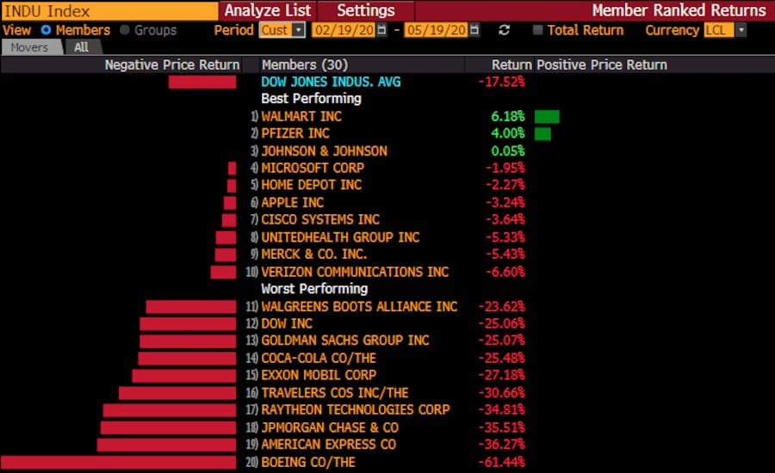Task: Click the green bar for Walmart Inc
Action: point(547,116)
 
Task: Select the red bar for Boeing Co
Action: point(118,463)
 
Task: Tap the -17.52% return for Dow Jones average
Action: point(501,82)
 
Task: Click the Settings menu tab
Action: point(365,10)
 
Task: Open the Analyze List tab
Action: point(268,10)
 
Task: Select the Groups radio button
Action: point(126,30)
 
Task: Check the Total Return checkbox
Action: point(538,30)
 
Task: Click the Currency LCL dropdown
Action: point(724,30)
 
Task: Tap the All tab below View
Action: point(81,47)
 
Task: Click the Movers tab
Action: point(29,47)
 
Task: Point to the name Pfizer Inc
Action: point(295,133)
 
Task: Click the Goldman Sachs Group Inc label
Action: point(345,341)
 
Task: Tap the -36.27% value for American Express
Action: point(501,445)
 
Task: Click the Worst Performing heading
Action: point(314,289)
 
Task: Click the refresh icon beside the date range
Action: point(505,30)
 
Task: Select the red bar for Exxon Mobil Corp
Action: point(183,376)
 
